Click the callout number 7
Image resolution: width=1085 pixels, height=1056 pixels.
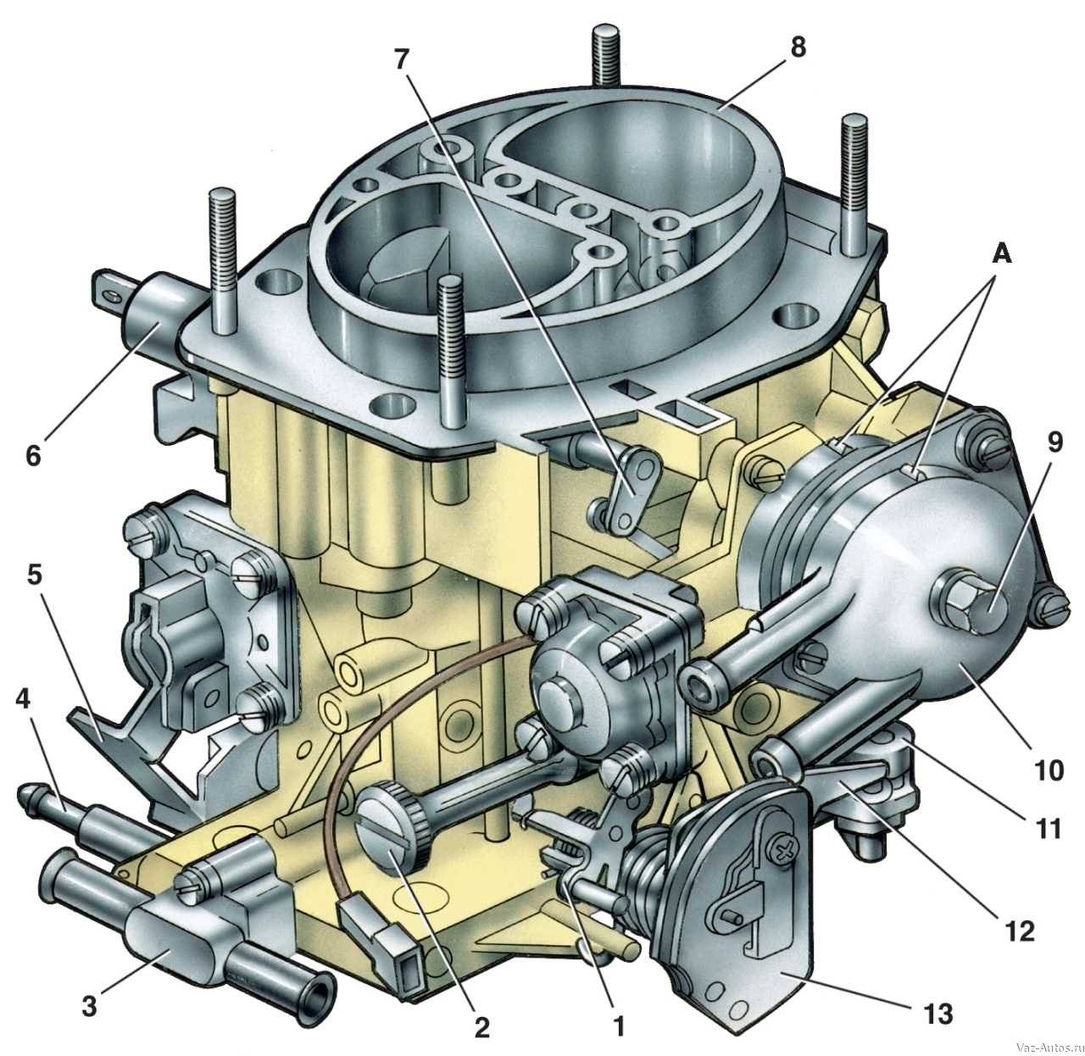(x=402, y=60)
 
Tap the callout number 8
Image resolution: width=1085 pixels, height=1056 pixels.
(x=798, y=47)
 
